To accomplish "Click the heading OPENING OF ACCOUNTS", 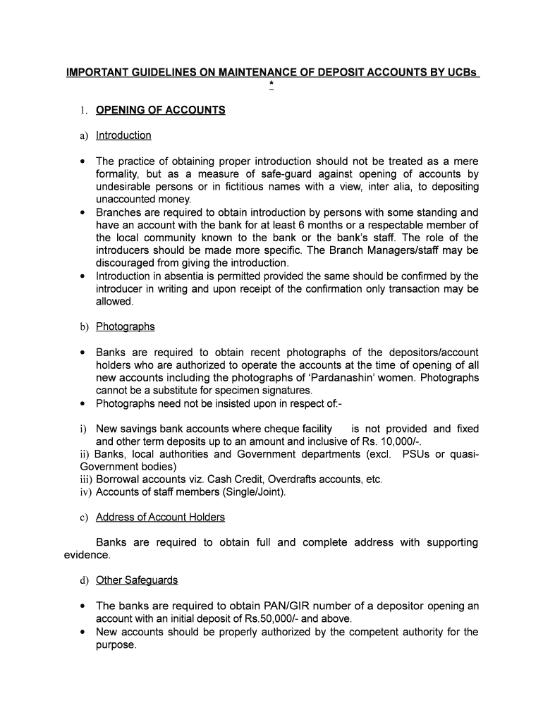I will click(x=160, y=110).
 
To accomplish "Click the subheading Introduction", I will click(x=123, y=135).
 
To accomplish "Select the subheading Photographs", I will click(x=126, y=326).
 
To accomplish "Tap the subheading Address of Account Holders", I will click(x=160, y=518).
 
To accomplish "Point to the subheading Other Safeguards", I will click(x=137, y=580).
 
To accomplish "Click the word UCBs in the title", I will click(x=460, y=73).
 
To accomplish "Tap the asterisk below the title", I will click(x=271, y=86).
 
